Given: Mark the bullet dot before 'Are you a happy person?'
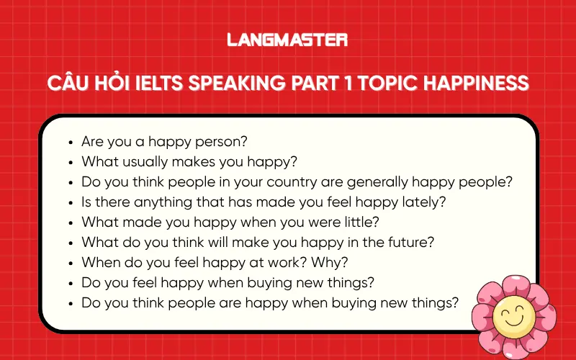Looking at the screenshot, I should (x=69, y=143).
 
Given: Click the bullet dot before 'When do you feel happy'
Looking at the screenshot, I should (x=69, y=264).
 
